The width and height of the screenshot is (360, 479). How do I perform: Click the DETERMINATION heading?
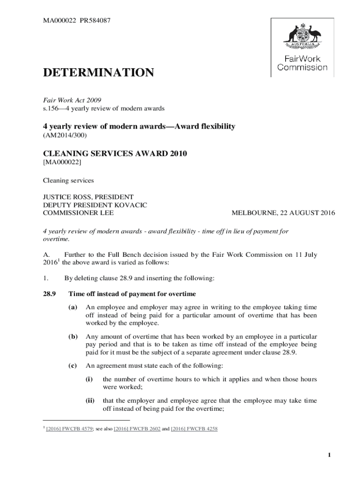tap(98, 73)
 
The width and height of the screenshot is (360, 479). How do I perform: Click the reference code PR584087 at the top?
tap(95, 21)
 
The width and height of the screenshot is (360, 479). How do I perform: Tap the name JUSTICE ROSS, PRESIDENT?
tap(88, 197)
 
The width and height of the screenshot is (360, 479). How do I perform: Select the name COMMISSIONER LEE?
tap(78, 213)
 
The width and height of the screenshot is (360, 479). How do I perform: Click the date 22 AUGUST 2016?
tap(308, 213)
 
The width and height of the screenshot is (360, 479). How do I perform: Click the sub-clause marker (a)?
tap(72, 307)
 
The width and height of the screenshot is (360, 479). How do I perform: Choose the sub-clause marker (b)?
tap(72, 337)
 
